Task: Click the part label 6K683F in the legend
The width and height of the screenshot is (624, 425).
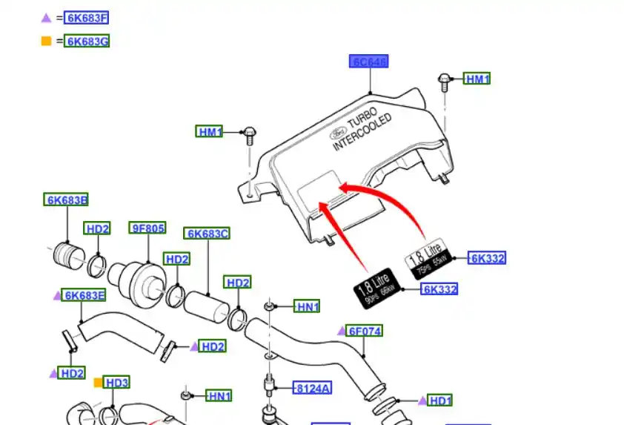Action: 87,18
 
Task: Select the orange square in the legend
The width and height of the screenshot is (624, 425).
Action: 46,41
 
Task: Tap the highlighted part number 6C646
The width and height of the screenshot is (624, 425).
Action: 369,62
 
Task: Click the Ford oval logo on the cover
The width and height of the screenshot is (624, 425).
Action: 333,134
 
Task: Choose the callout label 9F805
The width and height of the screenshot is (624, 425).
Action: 147,228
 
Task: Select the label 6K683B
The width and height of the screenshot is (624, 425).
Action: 67,200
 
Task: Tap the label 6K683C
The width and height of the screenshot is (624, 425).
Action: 208,234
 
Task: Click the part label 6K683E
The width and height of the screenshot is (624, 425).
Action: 84,295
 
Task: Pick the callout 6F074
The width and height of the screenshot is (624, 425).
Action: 365,331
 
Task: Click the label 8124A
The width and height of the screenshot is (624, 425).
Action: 312,388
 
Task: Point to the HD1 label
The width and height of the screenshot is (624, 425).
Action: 440,401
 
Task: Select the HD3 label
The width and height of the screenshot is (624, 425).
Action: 116,383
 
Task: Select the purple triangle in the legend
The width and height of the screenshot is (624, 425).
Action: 46,17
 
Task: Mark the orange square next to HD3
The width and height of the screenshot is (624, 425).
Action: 97,383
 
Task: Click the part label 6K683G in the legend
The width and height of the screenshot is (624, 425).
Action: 87,42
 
